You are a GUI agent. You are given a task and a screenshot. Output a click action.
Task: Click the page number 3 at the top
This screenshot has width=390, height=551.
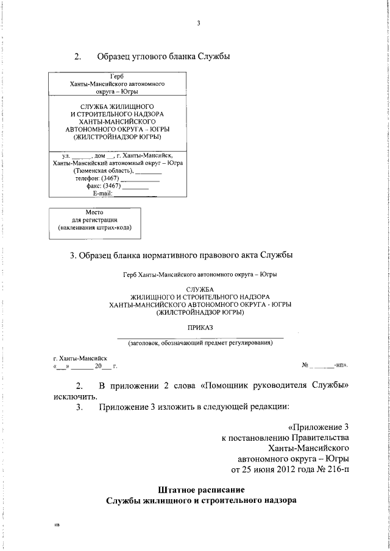(198, 24)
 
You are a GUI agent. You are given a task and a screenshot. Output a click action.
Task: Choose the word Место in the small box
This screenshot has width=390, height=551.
(94, 213)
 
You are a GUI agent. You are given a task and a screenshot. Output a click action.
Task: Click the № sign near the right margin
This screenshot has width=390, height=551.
(306, 366)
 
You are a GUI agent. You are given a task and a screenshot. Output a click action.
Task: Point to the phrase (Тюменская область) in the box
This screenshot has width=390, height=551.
(104, 171)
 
